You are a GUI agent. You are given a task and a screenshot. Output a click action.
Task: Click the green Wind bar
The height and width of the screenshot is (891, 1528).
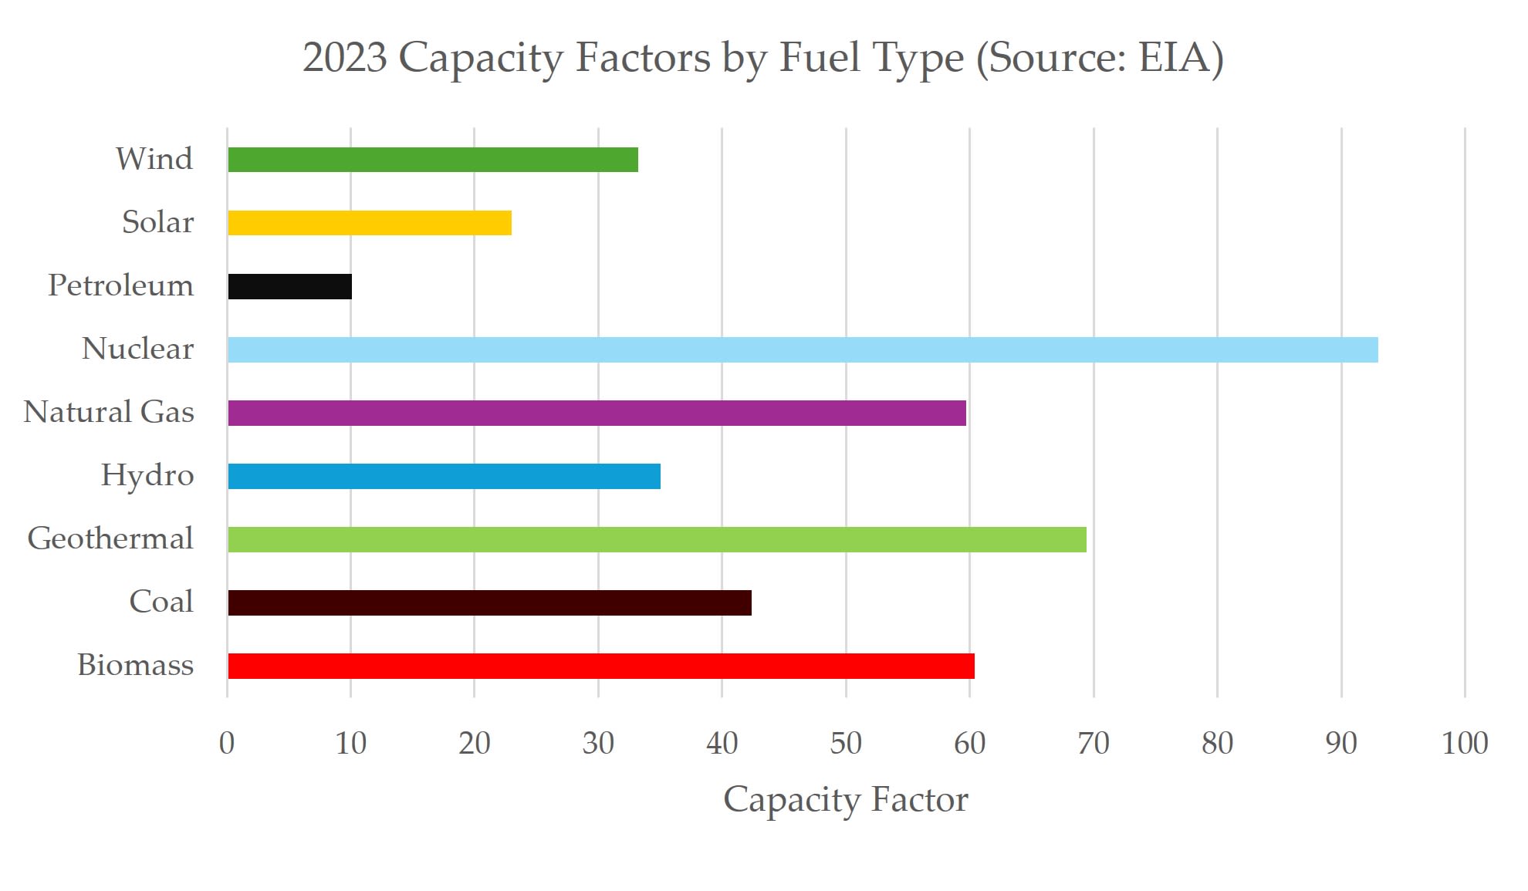click(x=433, y=160)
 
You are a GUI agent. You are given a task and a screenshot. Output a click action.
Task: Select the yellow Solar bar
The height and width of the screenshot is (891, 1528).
click(x=370, y=223)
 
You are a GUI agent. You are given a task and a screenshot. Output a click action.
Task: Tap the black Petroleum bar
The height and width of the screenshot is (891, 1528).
click(x=290, y=286)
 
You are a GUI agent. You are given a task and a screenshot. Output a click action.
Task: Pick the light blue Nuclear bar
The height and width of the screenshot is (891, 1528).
click(x=803, y=349)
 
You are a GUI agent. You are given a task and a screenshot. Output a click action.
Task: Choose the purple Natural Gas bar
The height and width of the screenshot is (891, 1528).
click(x=597, y=413)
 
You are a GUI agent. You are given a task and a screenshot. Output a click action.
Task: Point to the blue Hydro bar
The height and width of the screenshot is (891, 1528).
click(x=444, y=476)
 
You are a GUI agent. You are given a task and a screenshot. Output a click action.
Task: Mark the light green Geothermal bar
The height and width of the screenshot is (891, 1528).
click(x=657, y=539)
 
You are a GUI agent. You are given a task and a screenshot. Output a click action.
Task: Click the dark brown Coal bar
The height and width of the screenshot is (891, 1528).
click(x=489, y=602)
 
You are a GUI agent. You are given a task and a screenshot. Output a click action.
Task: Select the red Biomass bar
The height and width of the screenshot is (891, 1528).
click(x=601, y=666)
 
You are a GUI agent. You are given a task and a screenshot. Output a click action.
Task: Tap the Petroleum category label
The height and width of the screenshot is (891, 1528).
click(x=121, y=285)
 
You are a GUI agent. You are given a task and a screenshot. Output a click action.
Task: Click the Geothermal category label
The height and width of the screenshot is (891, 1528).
click(x=110, y=538)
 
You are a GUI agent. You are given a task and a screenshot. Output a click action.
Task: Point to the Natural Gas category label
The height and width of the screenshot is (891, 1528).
click(x=109, y=412)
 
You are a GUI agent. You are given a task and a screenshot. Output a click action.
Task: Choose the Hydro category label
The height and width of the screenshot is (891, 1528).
click(x=147, y=475)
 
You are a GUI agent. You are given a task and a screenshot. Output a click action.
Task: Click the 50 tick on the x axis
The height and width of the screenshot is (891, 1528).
click(x=846, y=743)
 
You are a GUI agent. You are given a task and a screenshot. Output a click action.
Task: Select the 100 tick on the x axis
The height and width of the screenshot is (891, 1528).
click(x=1465, y=743)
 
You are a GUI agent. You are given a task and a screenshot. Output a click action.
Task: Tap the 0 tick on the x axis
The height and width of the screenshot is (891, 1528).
click(x=227, y=743)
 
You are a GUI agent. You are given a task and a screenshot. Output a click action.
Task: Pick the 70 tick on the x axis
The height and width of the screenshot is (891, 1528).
click(x=1094, y=743)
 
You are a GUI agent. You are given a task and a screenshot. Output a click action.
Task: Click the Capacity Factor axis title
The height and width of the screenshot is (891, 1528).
click(x=845, y=800)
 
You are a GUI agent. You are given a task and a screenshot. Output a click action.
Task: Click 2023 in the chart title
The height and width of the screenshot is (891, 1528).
click(x=344, y=58)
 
